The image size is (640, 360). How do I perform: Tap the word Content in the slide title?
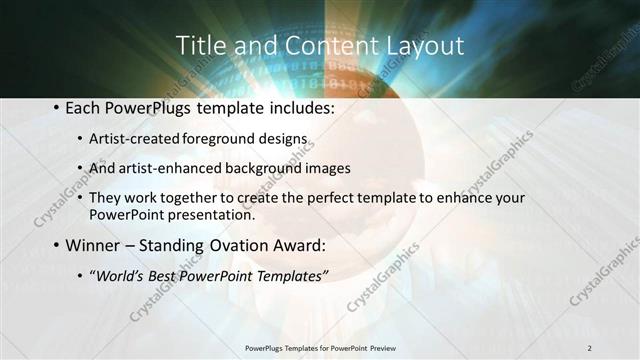(312, 46)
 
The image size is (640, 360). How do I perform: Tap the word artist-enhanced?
(165, 168)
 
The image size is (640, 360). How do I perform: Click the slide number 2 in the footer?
(590, 347)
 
